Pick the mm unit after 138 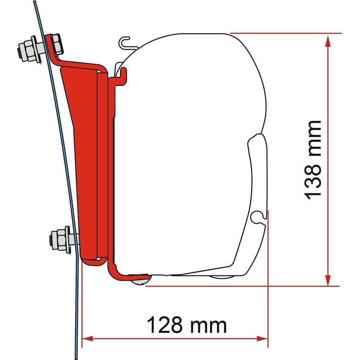(x=312, y=137)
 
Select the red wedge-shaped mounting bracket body (x=83, y=135)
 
